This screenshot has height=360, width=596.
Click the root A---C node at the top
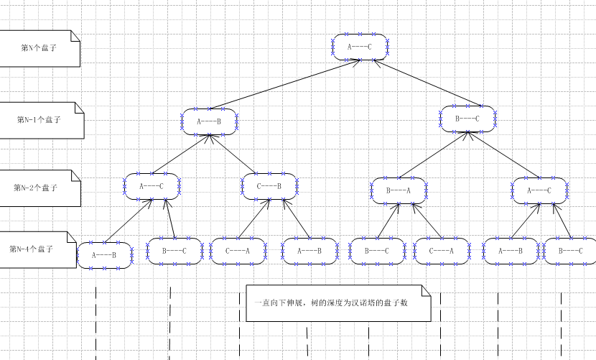360,47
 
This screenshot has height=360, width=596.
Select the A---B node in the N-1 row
209,121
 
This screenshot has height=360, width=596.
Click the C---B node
269,185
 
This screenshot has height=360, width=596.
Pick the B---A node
399,190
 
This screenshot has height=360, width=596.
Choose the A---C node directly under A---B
152,185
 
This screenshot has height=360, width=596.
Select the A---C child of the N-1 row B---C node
539,190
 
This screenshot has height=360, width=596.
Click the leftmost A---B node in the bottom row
105,255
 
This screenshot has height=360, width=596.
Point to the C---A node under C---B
238,251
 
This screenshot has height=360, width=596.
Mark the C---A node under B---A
442,251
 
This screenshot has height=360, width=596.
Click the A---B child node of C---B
309,251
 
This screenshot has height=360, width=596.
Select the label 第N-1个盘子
39,120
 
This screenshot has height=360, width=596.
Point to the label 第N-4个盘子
32,249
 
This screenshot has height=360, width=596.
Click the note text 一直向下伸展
331,303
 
